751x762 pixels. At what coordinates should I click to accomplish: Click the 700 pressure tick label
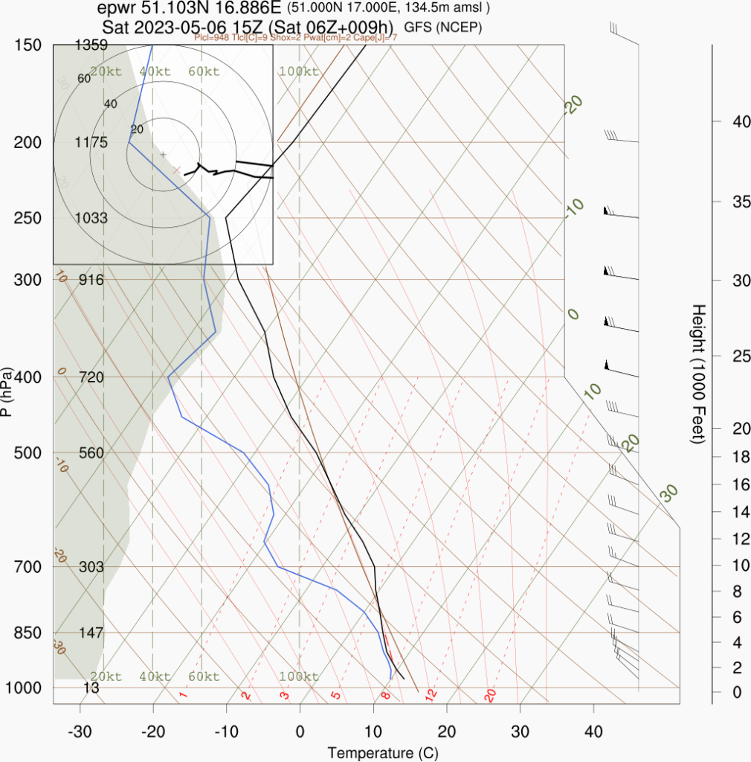pos(27,567)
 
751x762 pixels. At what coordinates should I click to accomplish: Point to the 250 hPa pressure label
pos(27,218)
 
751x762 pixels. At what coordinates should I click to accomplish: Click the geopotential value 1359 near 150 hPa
pos(91,45)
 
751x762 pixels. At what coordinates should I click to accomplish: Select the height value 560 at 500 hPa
pos(91,453)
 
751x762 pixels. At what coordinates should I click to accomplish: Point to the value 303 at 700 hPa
pos(91,567)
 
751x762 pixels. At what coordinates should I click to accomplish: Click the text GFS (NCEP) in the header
pos(443,28)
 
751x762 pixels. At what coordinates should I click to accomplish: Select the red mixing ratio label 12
pos(429,695)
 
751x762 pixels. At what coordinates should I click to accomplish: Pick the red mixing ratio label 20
pos(490,695)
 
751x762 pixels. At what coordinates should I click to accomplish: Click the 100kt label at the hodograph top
pos(298,71)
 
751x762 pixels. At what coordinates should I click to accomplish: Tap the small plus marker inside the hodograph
pos(164,154)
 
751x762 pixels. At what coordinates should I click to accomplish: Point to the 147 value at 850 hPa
pos(91,633)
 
